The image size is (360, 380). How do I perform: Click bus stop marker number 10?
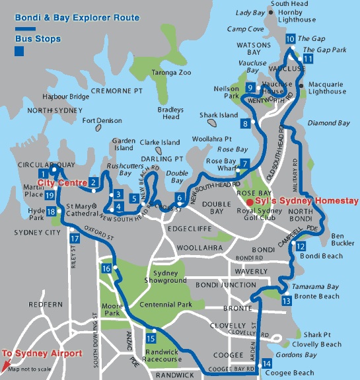pos(291,39)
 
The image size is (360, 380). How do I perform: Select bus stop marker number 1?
pos(43,173)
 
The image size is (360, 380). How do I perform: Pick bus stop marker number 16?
pos(106,268)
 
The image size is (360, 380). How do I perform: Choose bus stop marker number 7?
pos(244,163)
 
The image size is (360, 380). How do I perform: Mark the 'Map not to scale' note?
pos(29,368)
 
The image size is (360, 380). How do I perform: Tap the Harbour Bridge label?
pos(65,96)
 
